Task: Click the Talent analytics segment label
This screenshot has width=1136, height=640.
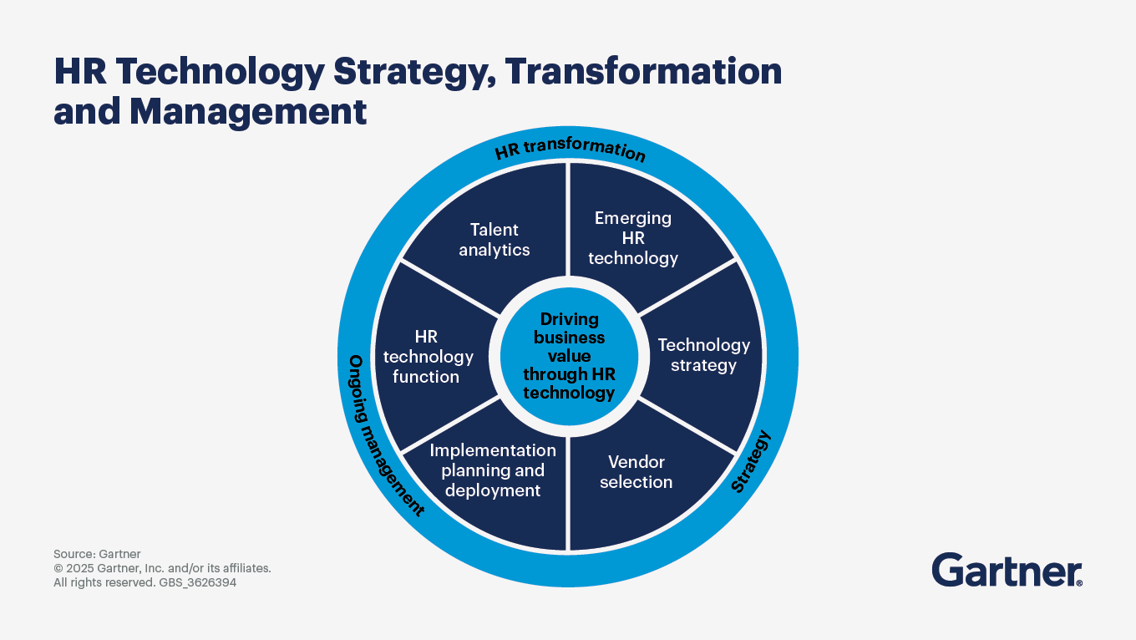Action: pos(494,240)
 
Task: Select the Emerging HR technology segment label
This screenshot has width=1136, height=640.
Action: pos(633,238)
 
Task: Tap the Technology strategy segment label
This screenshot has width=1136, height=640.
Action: pos(704,355)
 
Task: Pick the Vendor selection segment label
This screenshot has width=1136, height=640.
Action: pos(636,471)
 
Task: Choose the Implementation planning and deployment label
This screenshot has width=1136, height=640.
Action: pos(493,470)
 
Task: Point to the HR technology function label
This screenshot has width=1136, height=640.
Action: pos(428,357)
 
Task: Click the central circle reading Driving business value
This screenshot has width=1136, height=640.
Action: pos(569,356)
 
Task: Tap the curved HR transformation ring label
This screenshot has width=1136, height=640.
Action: pos(570,150)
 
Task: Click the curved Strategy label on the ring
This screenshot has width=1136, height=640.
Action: pos(752,461)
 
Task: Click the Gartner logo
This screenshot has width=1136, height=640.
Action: pos(1007,570)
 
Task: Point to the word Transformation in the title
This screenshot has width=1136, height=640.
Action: pos(643,71)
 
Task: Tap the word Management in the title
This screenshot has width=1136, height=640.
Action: pos(248,112)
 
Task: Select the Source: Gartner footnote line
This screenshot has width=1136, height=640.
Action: pos(97,554)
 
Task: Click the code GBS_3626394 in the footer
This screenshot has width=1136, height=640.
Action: pos(198,582)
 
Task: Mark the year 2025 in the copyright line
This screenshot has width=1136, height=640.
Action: pos(79,568)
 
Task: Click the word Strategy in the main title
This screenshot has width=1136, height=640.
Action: pos(414,74)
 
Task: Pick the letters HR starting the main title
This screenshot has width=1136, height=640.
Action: pos(80,71)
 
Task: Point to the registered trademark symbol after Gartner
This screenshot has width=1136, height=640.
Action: pos(1079,583)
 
